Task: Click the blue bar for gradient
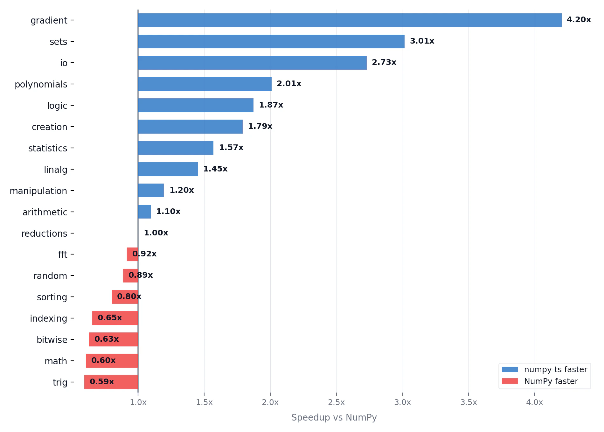tap(350, 20)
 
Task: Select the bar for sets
tap(271, 42)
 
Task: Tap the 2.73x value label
tap(384, 62)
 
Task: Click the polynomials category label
tap(41, 84)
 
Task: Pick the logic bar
tap(196, 105)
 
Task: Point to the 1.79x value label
tap(260, 126)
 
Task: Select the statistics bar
tap(176, 148)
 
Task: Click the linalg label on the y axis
tap(56, 170)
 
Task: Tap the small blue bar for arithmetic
tap(144, 212)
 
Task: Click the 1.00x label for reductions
tap(156, 233)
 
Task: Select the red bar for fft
tap(130, 254)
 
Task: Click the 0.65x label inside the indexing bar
tap(110, 318)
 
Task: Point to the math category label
tap(56, 361)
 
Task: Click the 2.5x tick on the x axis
tap(336, 402)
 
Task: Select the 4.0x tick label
tap(534, 402)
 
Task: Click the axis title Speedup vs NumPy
tap(334, 417)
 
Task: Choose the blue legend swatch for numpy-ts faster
tap(510, 370)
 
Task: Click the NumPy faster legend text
tap(551, 381)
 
